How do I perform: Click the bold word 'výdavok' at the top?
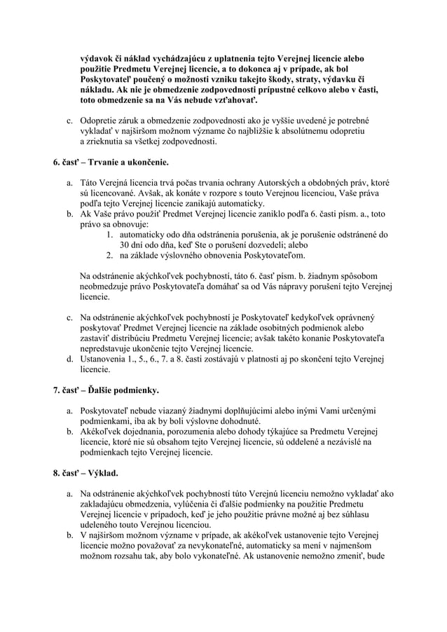click(x=97, y=57)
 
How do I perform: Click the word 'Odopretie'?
click(x=101, y=120)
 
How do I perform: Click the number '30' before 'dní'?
click(x=125, y=245)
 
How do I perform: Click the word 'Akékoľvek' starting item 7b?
click(x=104, y=432)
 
